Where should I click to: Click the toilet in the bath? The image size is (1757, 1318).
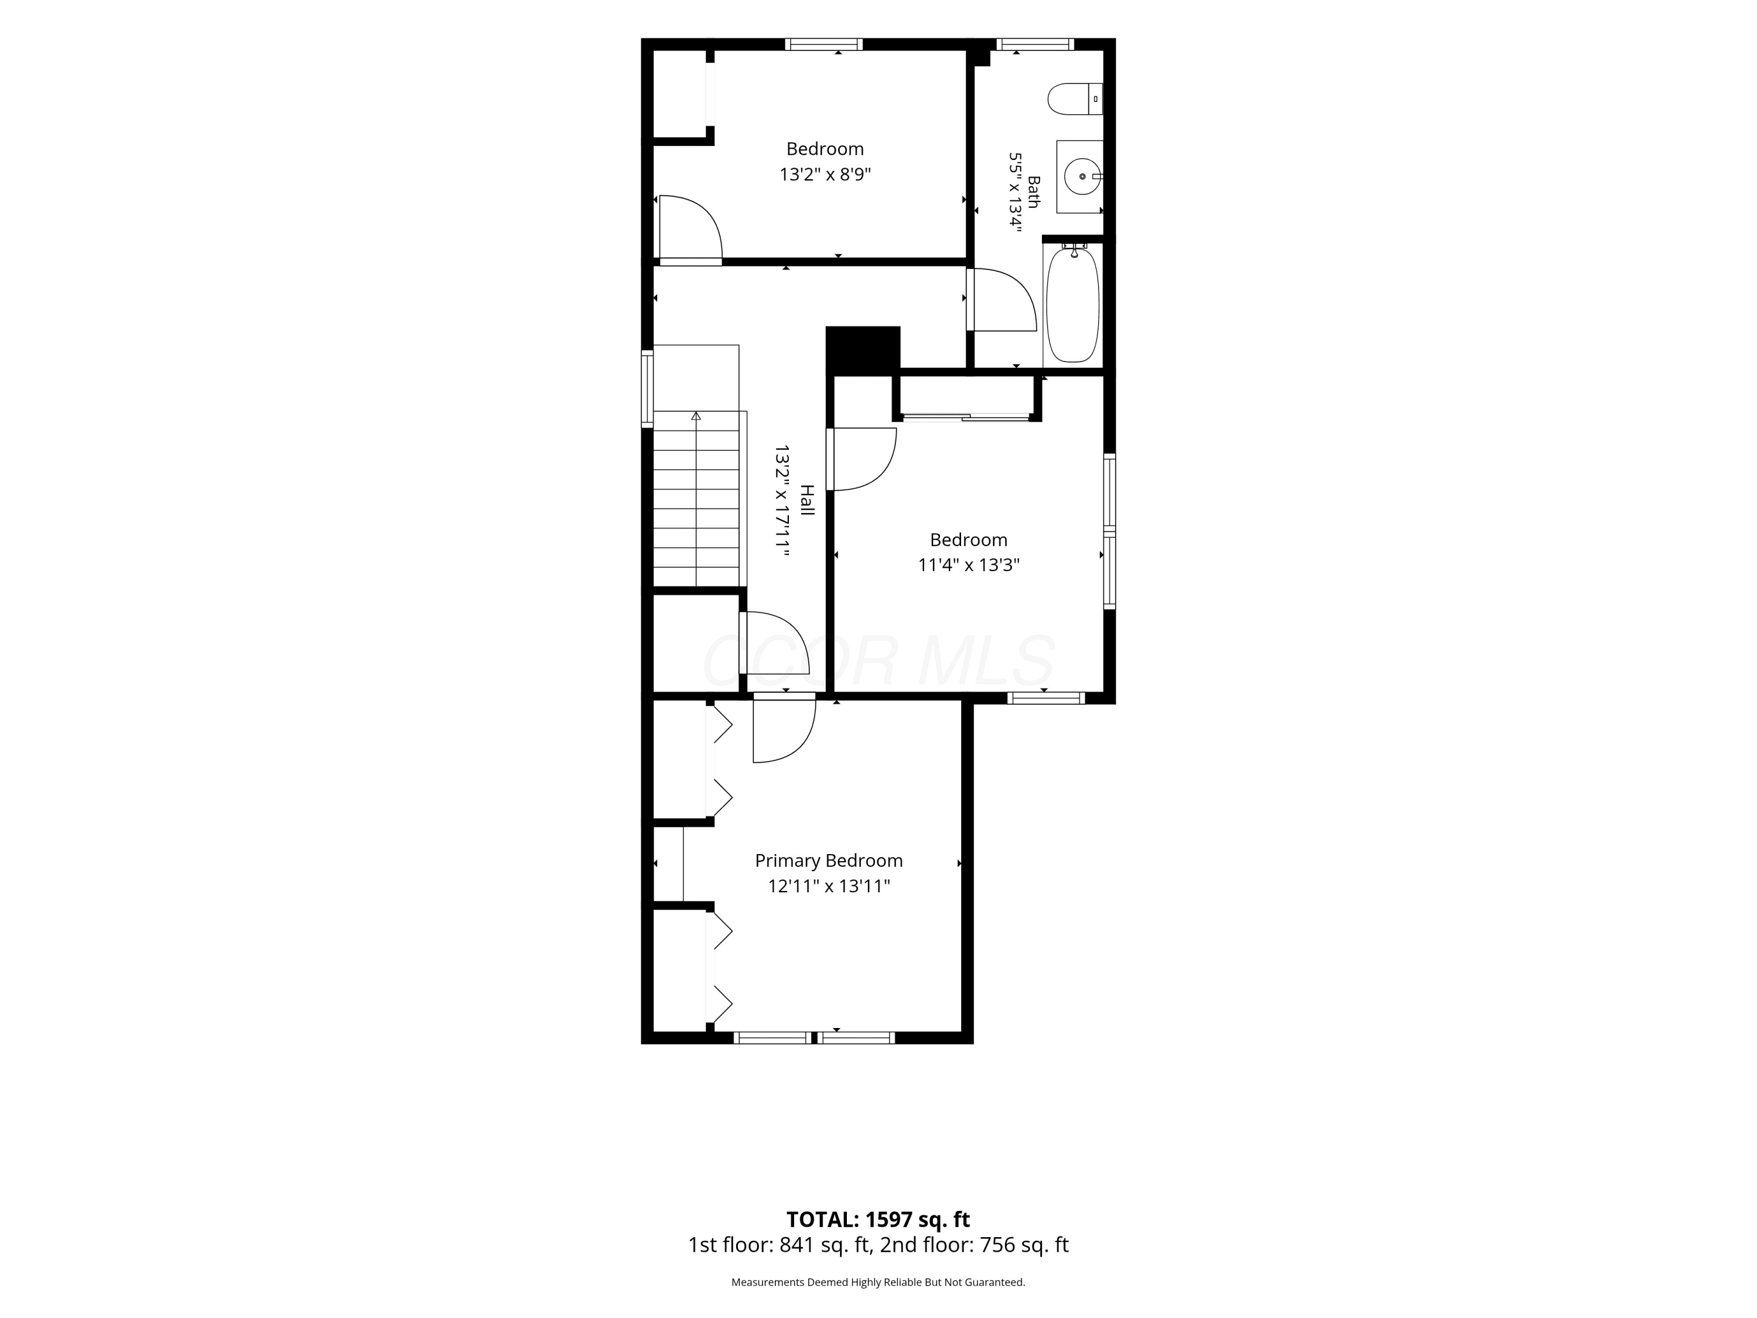(1075, 100)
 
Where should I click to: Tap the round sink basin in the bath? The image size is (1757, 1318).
(1082, 176)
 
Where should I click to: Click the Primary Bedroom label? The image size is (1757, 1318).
(829, 861)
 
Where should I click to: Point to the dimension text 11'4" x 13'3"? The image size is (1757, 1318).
(968, 565)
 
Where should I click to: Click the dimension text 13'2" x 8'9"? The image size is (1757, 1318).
(825, 174)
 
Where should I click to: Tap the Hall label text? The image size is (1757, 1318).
(807, 500)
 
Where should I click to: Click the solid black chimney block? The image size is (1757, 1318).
(863, 350)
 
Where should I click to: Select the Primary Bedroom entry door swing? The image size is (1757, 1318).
(785, 728)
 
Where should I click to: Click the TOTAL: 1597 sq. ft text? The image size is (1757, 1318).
(878, 1220)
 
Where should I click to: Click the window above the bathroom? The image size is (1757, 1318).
(1035, 45)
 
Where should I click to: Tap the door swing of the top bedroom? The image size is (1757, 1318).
(689, 229)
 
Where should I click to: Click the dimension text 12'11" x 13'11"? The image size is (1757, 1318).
(829, 886)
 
